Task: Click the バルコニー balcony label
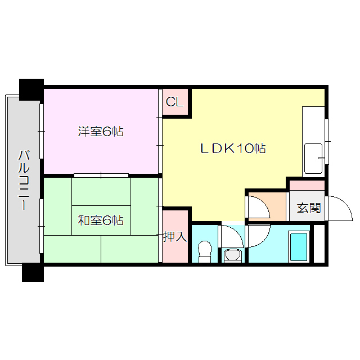point(24,180)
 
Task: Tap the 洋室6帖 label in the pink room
point(101,132)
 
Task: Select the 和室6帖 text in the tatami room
point(101,220)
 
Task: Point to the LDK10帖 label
point(233,148)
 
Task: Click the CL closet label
point(174,102)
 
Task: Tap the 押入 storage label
point(174,236)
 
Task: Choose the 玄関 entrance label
point(308,208)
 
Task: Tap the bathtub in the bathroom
point(298,246)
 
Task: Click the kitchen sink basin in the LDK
point(313,159)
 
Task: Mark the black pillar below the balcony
point(32,272)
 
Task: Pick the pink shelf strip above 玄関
point(307,186)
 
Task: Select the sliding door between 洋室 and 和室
point(101,175)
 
